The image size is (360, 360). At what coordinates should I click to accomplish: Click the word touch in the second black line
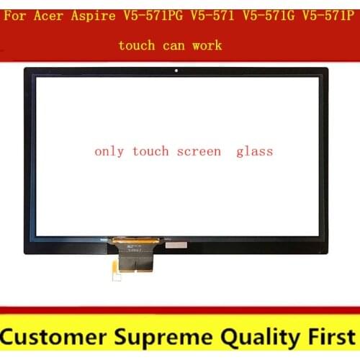[x=137, y=45]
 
